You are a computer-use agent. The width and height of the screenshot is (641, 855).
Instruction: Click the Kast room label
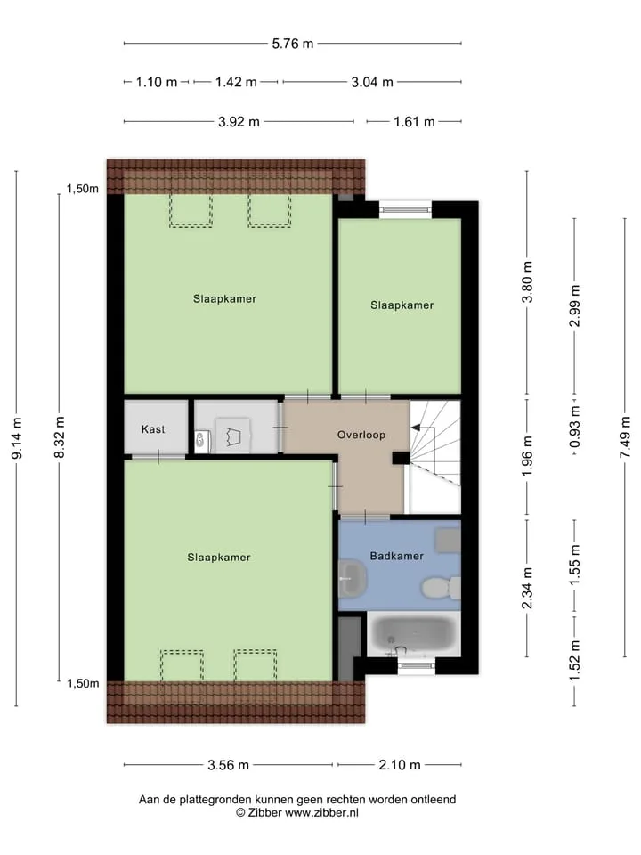click(x=153, y=429)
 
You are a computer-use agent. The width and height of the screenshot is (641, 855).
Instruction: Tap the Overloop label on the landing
click(x=361, y=435)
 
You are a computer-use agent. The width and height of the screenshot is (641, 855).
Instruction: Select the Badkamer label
click(x=397, y=556)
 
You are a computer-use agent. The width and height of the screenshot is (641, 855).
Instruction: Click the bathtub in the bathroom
click(x=414, y=634)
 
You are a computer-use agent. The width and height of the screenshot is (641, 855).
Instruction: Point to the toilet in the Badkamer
click(x=442, y=588)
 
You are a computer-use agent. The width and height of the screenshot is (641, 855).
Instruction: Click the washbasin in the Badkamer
click(x=352, y=577)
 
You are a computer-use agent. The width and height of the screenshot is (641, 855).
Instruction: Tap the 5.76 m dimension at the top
click(x=293, y=44)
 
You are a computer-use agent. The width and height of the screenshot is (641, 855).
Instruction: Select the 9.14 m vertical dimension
click(x=17, y=438)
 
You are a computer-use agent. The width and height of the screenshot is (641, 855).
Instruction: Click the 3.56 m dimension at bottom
click(x=229, y=765)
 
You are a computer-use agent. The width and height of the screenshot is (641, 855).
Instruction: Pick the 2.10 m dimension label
click(x=400, y=765)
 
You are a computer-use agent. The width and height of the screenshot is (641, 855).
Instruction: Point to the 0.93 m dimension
click(x=574, y=427)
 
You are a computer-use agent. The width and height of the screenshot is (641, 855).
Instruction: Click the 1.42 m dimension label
click(x=236, y=82)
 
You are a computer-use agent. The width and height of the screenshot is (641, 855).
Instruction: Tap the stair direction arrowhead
click(x=415, y=428)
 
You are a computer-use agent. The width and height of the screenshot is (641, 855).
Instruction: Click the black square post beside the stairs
click(x=401, y=458)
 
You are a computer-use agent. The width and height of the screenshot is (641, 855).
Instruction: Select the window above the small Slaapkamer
click(x=406, y=209)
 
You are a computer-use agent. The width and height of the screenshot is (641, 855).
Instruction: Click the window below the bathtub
click(x=416, y=665)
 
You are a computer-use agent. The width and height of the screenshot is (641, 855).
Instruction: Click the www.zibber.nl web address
click(x=321, y=813)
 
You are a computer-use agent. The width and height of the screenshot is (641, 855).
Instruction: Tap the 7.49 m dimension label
click(x=626, y=438)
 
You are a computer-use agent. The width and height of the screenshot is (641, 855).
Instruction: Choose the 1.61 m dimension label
click(x=414, y=122)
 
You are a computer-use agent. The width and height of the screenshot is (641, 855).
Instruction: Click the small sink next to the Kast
click(x=201, y=441)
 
